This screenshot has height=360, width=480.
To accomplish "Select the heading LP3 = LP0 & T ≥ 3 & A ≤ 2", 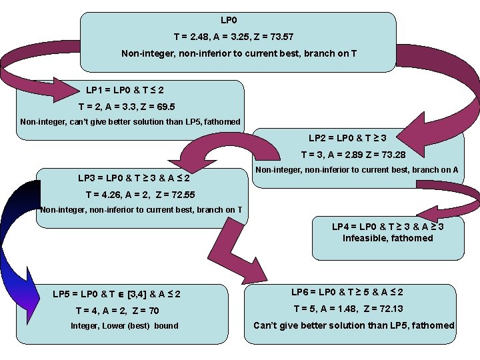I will [x=133, y=179].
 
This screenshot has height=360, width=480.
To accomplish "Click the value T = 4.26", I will [x=101, y=195].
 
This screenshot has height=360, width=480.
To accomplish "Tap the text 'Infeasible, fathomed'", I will [x=387, y=238].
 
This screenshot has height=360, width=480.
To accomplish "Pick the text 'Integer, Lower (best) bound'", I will [x=124, y=326].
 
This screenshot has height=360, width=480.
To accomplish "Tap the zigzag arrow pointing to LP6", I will [x=230, y=250].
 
